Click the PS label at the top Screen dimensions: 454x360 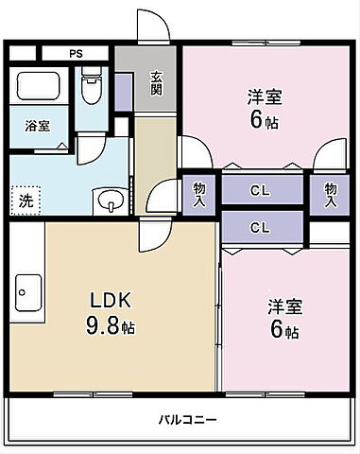point(74,53)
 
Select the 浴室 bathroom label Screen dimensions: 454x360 point(37,124)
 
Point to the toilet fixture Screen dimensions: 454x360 point(92,87)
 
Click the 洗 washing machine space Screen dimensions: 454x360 point(26,201)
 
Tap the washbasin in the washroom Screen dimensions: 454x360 point(109,201)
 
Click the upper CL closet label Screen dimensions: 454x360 point(261,190)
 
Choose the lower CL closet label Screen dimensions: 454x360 point(261,227)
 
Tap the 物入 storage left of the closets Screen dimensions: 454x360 point(199,194)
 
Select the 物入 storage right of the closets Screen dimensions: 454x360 point(329,194)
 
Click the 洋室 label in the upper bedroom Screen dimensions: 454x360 point(265,96)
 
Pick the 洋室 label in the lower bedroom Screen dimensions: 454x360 point(283,306)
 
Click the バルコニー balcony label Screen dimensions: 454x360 point(187,420)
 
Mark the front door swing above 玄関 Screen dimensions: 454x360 point(152,26)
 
